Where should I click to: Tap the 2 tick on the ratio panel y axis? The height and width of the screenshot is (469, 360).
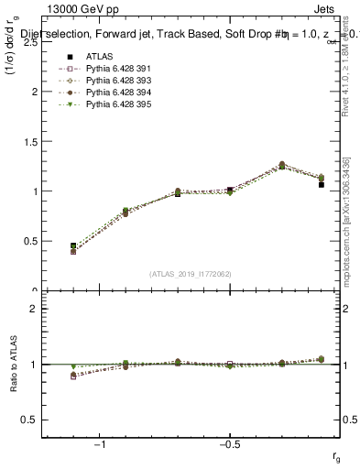click(34, 309)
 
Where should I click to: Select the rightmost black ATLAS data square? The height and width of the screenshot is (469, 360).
click(321, 185)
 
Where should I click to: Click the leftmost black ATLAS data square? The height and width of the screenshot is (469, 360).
click(73, 245)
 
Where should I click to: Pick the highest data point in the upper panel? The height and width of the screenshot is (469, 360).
click(281, 165)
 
